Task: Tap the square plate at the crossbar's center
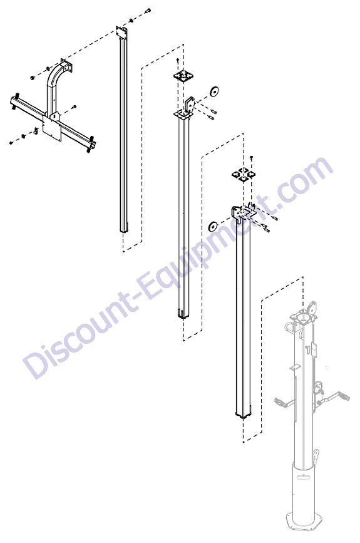51,128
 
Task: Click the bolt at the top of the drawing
148,11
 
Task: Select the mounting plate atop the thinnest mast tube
122,32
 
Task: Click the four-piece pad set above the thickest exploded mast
244,175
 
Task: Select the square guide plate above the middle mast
183,76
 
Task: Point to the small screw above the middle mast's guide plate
178,61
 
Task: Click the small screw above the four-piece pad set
252,158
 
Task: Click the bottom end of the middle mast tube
183,314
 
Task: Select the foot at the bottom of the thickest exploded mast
244,416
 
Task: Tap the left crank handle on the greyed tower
284,401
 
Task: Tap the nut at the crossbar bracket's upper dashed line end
32,78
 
